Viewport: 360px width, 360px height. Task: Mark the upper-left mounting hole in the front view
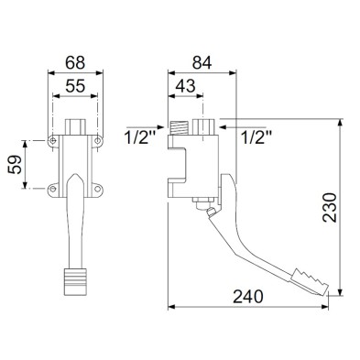pyautogui.click(x=54, y=140)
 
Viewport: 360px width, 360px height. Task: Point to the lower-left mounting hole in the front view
pyautogui.click(x=54, y=189)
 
